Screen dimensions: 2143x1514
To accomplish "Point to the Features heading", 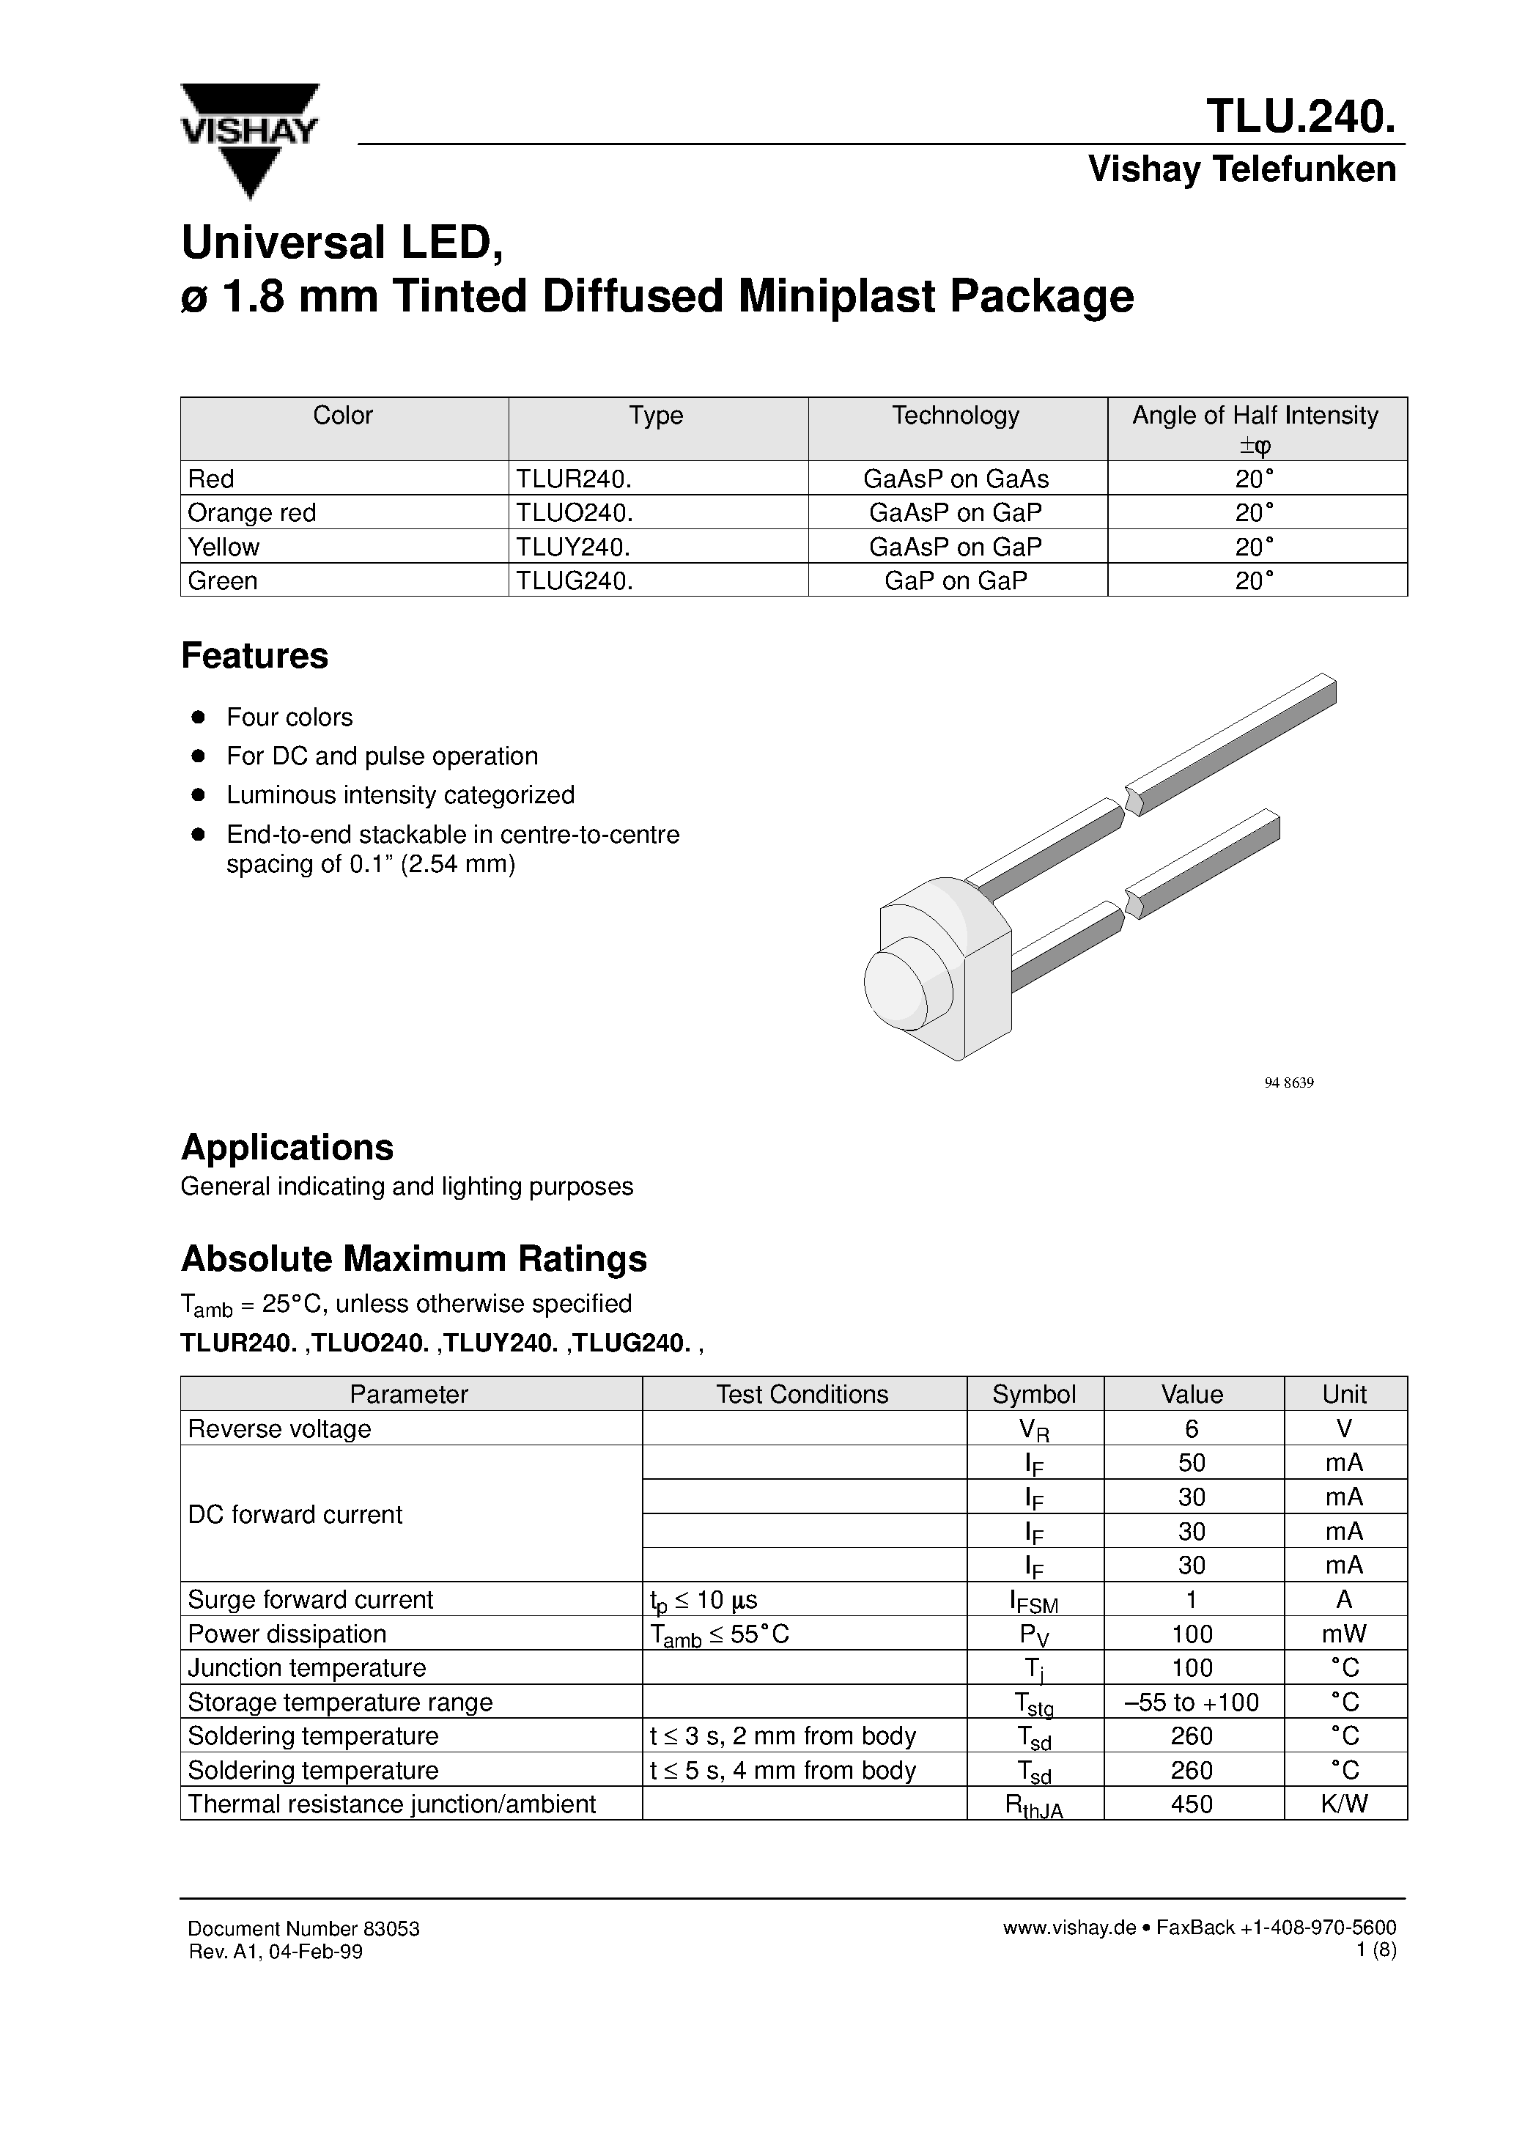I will point(254,656).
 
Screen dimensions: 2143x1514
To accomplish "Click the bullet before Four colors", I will point(198,717).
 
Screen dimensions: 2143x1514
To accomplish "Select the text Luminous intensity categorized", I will point(399,794).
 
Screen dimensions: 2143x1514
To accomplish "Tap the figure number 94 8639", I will point(1288,1082).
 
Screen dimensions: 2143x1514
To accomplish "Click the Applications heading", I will point(287,1147).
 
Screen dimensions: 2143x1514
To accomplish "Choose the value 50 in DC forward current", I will point(1192,1463).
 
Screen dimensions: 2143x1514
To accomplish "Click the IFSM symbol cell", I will point(1033,1601).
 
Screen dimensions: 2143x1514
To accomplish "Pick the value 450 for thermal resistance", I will point(1192,1804).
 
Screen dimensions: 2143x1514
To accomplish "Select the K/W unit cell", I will point(1344,1804).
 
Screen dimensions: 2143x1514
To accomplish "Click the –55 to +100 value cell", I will point(1192,1703).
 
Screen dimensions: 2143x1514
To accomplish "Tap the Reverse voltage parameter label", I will point(279,1429).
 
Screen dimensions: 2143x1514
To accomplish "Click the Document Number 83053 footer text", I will point(303,1928).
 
